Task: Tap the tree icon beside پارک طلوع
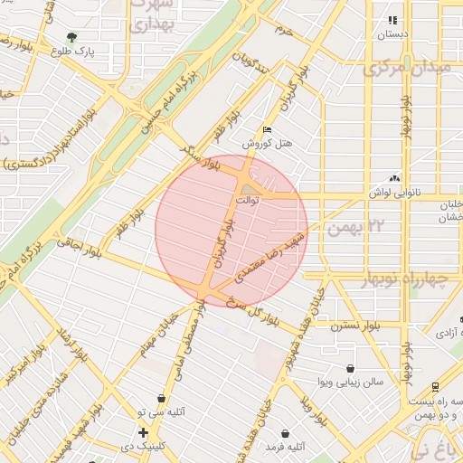coord(72,37)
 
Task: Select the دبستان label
coord(392,34)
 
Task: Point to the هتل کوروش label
coord(269,144)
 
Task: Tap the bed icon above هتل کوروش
coord(266,130)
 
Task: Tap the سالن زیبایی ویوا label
coord(349,382)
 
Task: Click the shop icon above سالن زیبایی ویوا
coord(350,367)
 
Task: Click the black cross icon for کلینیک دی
coord(143,432)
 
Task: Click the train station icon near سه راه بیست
coord(436,385)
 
